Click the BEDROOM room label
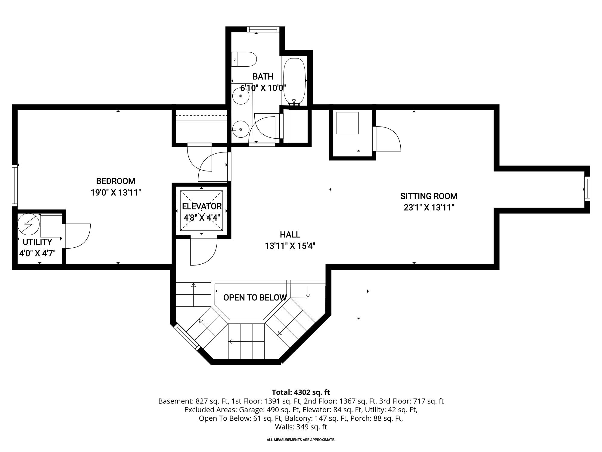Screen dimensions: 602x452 click(x=116, y=181)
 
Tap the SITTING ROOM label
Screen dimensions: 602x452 click(x=429, y=196)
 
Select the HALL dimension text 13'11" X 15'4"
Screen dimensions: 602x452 click(x=290, y=246)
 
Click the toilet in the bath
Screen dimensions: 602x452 click(x=244, y=59)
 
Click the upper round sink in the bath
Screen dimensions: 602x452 click(x=241, y=96)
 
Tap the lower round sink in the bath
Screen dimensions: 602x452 click(x=241, y=129)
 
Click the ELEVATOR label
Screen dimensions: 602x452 click(x=202, y=206)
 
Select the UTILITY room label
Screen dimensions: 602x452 click(x=37, y=242)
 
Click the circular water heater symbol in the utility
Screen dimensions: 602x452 click(x=29, y=224)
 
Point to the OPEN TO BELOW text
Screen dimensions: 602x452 click(x=255, y=298)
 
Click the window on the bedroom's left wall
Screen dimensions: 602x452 click(x=14, y=185)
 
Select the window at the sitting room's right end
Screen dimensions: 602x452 click(x=587, y=189)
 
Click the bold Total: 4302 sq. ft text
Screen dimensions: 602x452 click(x=301, y=392)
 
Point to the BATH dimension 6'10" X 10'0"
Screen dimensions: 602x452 click(x=263, y=88)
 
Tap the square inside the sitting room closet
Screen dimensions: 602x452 click(x=347, y=123)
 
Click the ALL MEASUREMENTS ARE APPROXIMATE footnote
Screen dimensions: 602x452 click(x=301, y=440)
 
